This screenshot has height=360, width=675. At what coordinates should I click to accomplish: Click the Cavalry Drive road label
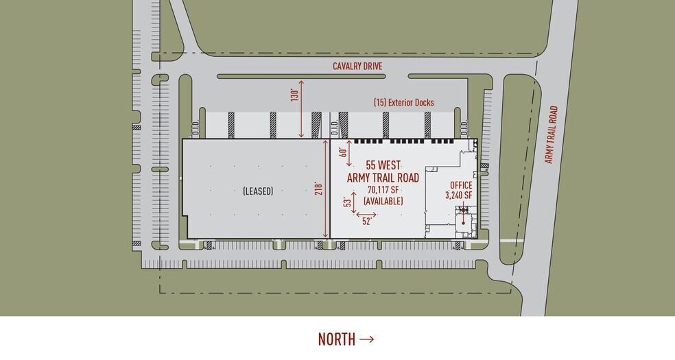(x=357, y=67)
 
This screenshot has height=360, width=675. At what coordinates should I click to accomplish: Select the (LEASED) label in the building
(x=258, y=192)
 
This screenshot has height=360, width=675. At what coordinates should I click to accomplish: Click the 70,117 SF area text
(x=383, y=190)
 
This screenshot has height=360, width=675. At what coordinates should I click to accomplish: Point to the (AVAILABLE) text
(x=383, y=201)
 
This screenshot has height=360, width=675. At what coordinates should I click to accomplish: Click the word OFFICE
(x=461, y=185)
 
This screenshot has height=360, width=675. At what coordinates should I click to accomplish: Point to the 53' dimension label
(x=347, y=202)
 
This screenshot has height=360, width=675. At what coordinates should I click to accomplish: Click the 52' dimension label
(x=366, y=221)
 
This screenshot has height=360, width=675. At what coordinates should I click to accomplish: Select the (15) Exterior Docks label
(x=404, y=103)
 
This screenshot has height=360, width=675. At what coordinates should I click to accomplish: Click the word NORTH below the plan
(x=336, y=339)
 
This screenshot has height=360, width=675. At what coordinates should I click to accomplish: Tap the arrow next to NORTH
(x=366, y=339)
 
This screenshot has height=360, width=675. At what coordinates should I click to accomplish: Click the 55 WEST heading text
(x=383, y=165)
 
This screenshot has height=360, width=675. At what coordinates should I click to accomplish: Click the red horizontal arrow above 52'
(x=365, y=213)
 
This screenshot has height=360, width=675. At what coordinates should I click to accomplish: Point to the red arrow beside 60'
(x=351, y=154)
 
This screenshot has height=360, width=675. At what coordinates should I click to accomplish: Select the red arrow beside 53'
(x=355, y=202)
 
